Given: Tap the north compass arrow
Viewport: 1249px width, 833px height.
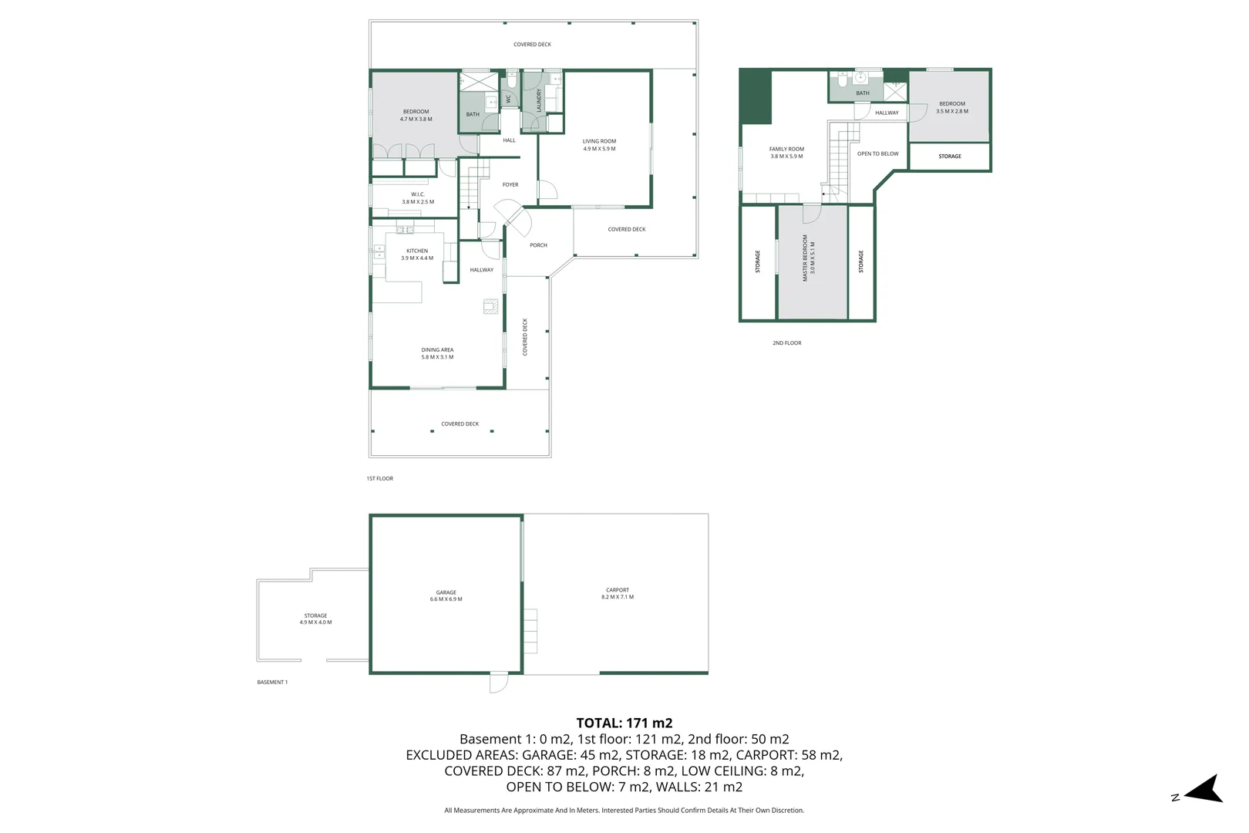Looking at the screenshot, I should click(x=1204, y=790).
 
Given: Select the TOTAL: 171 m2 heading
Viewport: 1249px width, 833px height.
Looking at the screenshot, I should click(x=624, y=723).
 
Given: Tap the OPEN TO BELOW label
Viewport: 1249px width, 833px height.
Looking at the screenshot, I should click(x=877, y=153).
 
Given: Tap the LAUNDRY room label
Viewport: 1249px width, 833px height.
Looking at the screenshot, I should click(x=539, y=99).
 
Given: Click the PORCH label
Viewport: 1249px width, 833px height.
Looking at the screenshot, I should click(x=538, y=245).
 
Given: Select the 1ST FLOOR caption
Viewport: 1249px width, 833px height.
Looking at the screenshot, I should click(x=379, y=478).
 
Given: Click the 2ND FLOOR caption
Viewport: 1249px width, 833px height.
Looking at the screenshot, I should click(x=786, y=343).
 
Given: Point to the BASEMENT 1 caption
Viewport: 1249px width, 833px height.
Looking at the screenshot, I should click(x=272, y=682).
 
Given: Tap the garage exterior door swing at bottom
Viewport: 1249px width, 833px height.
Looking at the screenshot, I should click(x=499, y=683).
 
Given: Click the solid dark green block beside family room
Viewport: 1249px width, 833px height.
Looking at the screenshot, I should click(x=756, y=96).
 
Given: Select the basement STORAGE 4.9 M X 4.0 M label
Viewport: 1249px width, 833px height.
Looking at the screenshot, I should click(x=315, y=619).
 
